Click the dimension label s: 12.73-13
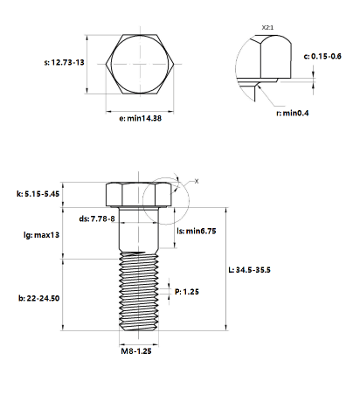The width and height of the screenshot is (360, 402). [64, 62]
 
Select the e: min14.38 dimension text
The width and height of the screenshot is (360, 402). [140, 118]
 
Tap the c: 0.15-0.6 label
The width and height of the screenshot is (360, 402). [322, 56]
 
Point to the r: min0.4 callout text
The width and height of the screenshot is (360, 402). [293, 113]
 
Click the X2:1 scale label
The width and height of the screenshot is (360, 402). [267, 28]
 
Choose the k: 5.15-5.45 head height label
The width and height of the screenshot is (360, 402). [38, 194]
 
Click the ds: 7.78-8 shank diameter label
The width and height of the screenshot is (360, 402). [97, 218]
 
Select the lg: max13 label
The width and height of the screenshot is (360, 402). [41, 235]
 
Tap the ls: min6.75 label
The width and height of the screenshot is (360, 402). [197, 231]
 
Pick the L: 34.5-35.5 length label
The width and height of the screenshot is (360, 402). [249, 270]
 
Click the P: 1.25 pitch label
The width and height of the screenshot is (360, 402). [187, 292]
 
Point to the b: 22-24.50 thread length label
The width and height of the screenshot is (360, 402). [39, 298]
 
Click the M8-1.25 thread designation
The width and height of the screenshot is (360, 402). [136, 351]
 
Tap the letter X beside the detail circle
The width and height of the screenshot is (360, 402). [197, 181]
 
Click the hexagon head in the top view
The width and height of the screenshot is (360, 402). [140, 64]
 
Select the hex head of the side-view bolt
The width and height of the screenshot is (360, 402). [138, 195]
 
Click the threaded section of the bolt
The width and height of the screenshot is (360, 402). [139, 291]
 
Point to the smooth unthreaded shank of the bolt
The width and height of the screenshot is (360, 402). [139, 230]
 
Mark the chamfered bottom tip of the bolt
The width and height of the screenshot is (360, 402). [139, 329]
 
